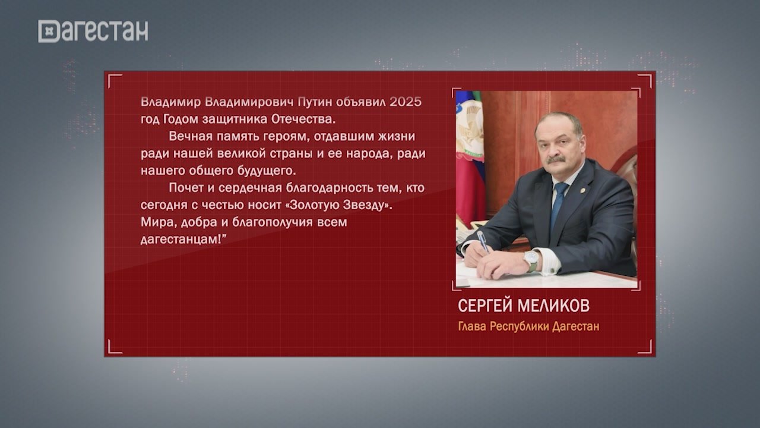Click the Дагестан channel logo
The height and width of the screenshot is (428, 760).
(x=93, y=31)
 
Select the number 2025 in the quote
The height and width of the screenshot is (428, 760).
(x=406, y=102)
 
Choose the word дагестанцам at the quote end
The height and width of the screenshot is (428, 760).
(x=180, y=240)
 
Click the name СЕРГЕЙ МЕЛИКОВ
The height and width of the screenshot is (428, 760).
(x=524, y=306)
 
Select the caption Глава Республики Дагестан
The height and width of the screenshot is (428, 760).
(x=528, y=327)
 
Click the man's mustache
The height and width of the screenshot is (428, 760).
(x=556, y=159)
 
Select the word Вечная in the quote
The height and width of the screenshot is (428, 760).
(x=188, y=136)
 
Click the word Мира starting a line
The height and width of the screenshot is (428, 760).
(x=154, y=222)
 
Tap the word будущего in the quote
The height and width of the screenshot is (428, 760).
(x=267, y=171)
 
